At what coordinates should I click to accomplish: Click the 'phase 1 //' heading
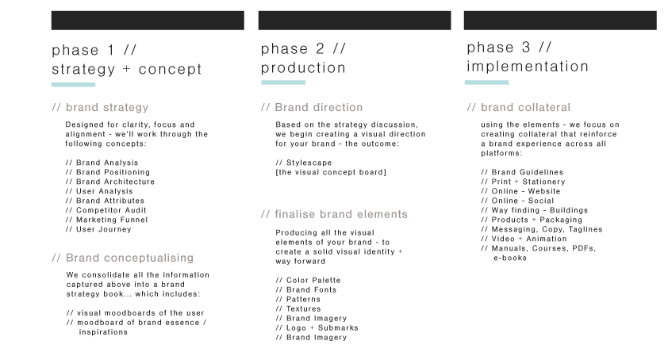tap(94, 50)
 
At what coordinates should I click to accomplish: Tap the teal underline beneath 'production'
tap(283, 82)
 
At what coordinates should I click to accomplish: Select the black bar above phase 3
tap(560, 21)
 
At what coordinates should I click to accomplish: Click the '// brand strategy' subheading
tap(100, 107)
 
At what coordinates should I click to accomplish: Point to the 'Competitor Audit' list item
tap(106, 210)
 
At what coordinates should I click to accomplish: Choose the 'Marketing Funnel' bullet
tap(106, 220)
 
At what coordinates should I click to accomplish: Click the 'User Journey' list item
tap(98, 229)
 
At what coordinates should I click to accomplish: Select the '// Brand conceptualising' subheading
tap(123, 258)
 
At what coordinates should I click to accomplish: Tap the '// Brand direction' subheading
tap(312, 107)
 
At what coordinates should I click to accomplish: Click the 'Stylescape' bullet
tap(304, 163)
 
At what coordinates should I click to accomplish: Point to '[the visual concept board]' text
tap(331, 172)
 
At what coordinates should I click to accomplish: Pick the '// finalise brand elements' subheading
tap(334, 214)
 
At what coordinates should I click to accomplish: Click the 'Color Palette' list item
tap(308, 281)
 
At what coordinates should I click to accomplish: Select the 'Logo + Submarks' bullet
tap(317, 327)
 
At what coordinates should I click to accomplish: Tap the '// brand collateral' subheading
tap(519, 107)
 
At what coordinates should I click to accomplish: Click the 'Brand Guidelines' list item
tap(522, 172)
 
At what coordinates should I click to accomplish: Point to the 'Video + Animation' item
tap(524, 239)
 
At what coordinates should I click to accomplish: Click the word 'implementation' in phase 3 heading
tap(528, 67)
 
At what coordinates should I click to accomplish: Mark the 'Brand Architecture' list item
tap(110, 182)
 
